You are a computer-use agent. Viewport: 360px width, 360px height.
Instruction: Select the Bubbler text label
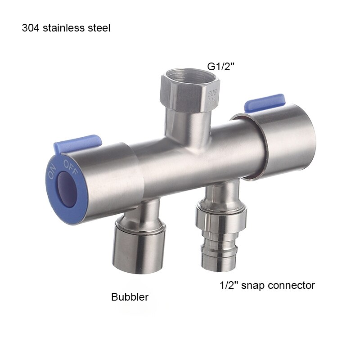tap(130, 297)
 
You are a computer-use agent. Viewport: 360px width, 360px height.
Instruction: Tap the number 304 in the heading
tap(30, 28)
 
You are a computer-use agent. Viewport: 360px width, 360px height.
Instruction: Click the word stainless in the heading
tap(62, 28)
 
